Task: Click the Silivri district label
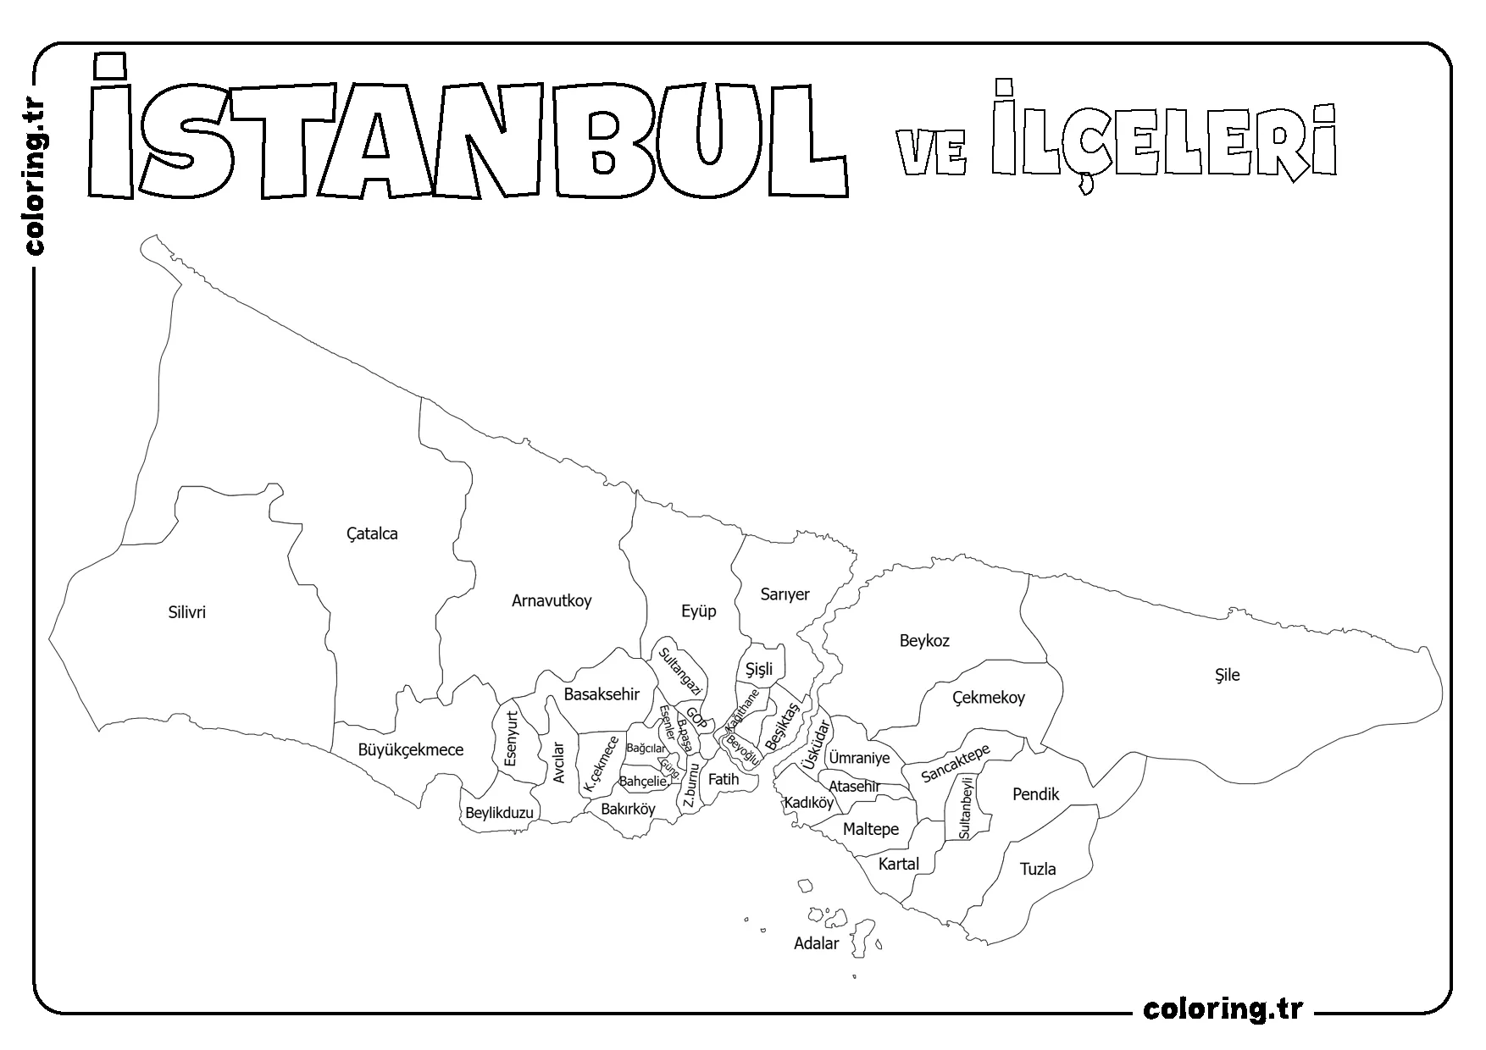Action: point(186,612)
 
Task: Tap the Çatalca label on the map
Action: point(372,533)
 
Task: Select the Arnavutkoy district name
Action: point(552,600)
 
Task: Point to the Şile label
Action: point(1227,675)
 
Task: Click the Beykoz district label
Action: point(924,641)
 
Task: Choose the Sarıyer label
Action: point(785,594)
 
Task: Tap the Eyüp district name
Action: point(699,611)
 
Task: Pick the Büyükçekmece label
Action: point(410,749)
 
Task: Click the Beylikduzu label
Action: point(499,813)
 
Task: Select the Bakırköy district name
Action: point(628,809)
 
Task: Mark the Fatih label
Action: point(724,779)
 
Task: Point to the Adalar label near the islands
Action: point(816,943)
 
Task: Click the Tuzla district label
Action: point(1038,869)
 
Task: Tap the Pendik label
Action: point(1036,794)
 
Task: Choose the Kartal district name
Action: point(898,864)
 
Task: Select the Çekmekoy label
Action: point(988,698)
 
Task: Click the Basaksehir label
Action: point(602,694)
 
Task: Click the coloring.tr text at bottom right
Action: point(1223,1009)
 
